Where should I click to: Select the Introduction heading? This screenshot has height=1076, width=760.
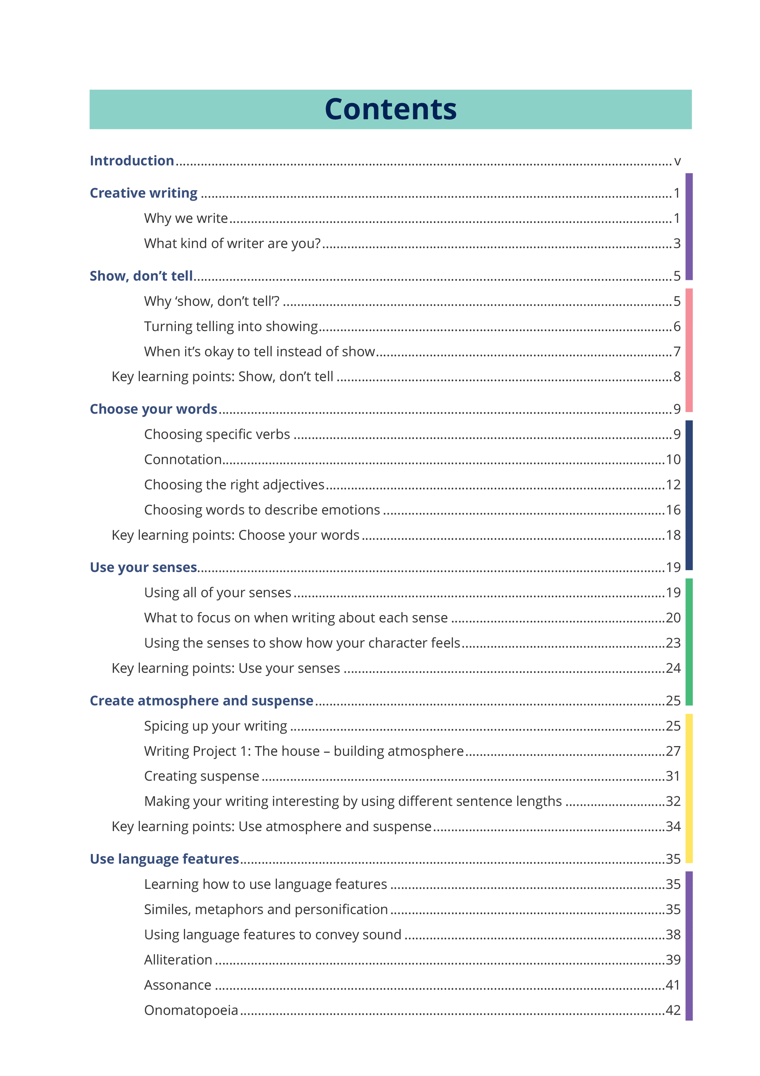(x=132, y=161)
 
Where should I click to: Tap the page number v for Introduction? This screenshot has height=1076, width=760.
(x=677, y=161)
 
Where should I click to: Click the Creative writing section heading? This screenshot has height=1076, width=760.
(x=143, y=193)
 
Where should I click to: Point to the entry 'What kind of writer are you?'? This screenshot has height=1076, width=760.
(x=232, y=243)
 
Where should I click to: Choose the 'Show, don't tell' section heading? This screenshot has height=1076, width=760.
(x=141, y=276)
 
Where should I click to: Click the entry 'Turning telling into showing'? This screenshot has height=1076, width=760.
(x=230, y=326)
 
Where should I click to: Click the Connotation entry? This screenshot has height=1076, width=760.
(x=183, y=459)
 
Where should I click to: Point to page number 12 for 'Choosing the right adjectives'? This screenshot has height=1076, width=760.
(x=673, y=484)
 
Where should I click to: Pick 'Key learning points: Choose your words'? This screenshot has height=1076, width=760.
(x=235, y=535)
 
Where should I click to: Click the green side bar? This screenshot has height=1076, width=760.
(x=689, y=642)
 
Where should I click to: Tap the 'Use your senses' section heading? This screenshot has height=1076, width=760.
(x=143, y=568)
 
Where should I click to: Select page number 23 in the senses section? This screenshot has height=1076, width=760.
(x=673, y=643)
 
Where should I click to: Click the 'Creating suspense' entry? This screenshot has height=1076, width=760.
(x=202, y=776)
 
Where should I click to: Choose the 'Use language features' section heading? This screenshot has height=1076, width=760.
(x=164, y=859)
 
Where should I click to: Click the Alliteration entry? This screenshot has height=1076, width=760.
(x=178, y=960)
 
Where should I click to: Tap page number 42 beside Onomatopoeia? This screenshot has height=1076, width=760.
(x=673, y=1010)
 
